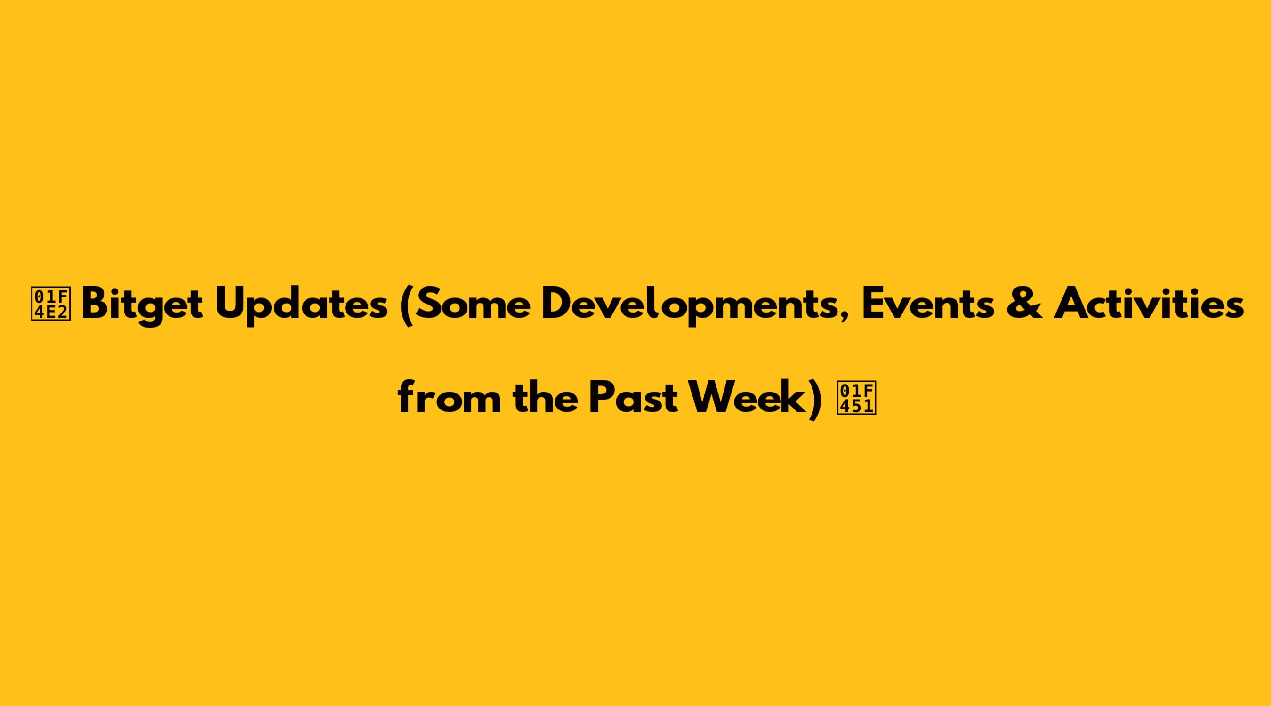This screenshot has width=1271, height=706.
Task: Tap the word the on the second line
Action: click(x=545, y=398)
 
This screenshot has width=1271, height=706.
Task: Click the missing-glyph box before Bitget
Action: click(x=51, y=305)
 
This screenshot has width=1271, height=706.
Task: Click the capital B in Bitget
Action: click(x=95, y=305)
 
